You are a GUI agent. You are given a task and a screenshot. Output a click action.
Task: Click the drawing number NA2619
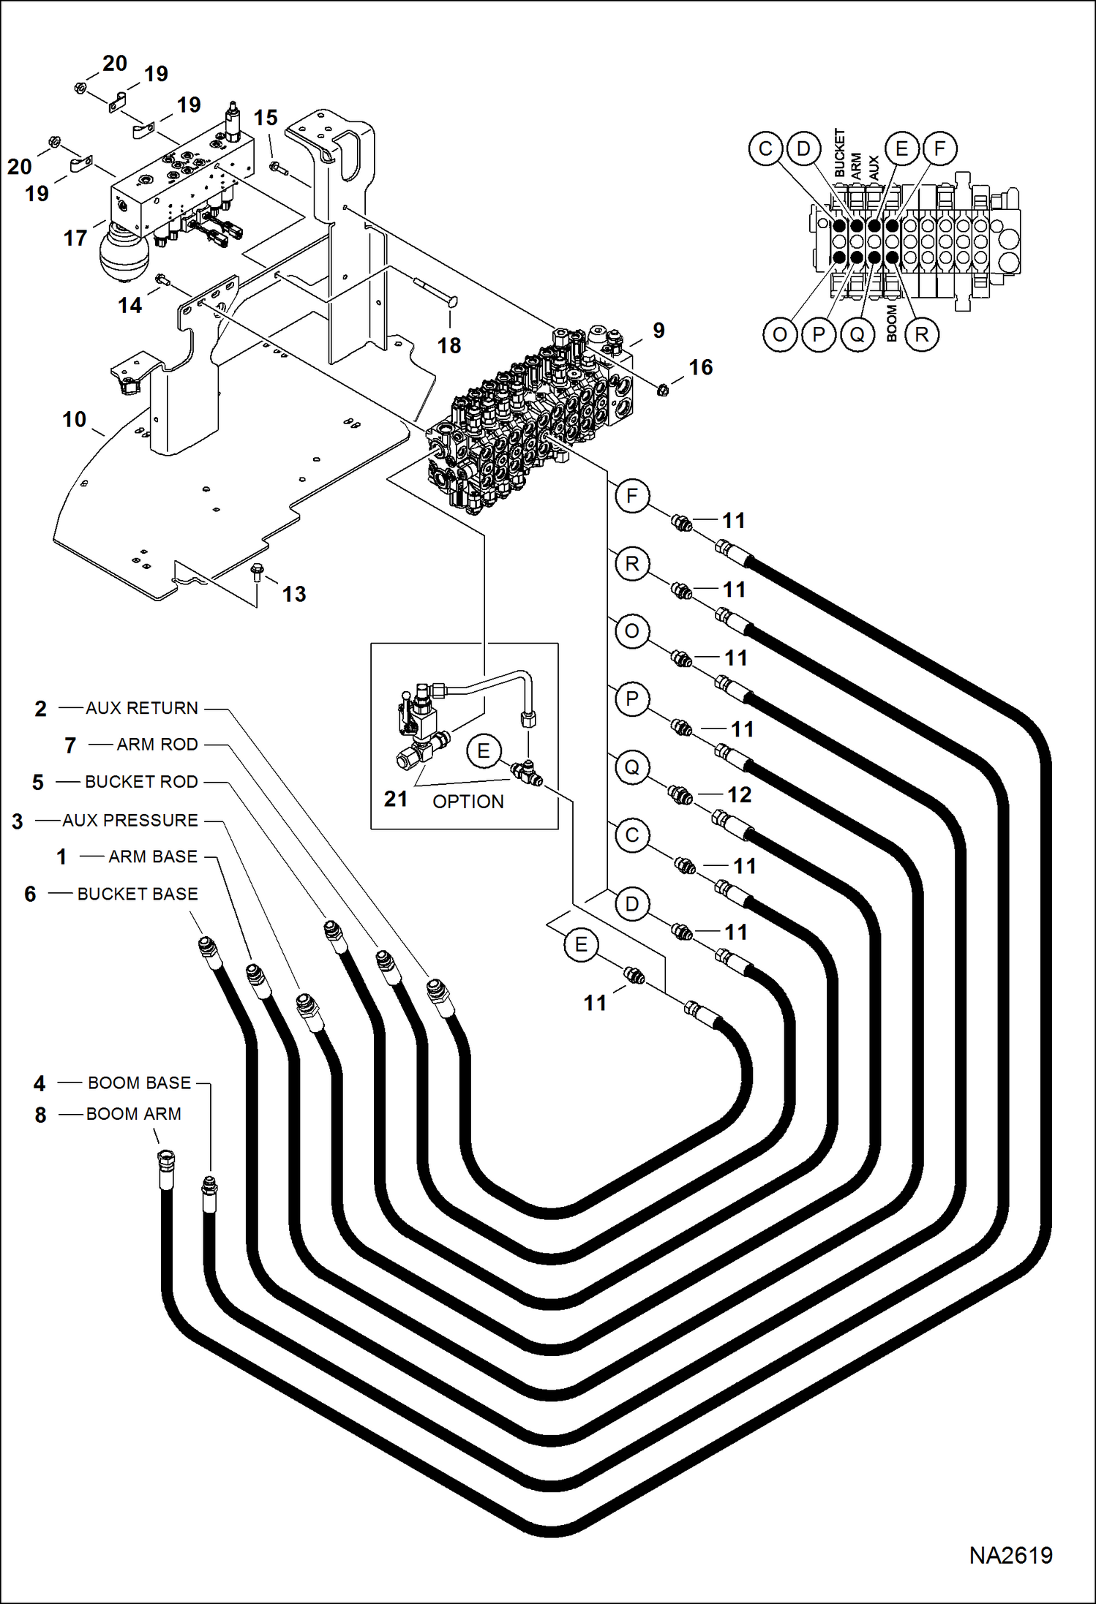pyautogui.click(x=1010, y=1554)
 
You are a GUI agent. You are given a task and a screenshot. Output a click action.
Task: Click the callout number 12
pyautogui.click(x=739, y=795)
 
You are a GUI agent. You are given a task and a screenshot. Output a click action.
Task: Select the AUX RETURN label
pyautogui.click(x=142, y=708)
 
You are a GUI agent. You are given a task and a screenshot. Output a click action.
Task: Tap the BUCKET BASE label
pyautogui.click(x=138, y=894)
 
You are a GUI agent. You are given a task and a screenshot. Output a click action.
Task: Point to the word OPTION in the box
pyautogui.click(x=468, y=802)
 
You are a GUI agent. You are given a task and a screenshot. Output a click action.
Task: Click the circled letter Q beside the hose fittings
pyautogui.click(x=632, y=767)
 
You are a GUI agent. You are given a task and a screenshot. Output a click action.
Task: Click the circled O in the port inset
pyautogui.click(x=780, y=335)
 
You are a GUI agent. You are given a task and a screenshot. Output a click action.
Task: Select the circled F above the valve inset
pyautogui.click(x=939, y=149)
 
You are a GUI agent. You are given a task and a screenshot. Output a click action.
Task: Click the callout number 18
pyautogui.click(x=449, y=345)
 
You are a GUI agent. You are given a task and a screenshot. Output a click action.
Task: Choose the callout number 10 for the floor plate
pyautogui.click(x=74, y=420)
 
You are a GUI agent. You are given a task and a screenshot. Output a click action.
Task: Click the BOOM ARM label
pyautogui.click(x=134, y=1114)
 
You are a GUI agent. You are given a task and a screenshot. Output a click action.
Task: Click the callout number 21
pyautogui.click(x=396, y=799)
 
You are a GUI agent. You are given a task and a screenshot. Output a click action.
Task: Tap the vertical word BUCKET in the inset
pyautogui.click(x=839, y=153)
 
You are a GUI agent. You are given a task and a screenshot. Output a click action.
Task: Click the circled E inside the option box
pyautogui.click(x=484, y=751)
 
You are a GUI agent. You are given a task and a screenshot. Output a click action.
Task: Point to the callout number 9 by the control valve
pyautogui.click(x=658, y=331)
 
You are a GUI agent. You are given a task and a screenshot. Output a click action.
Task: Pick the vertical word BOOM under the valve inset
pyautogui.click(x=891, y=323)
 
